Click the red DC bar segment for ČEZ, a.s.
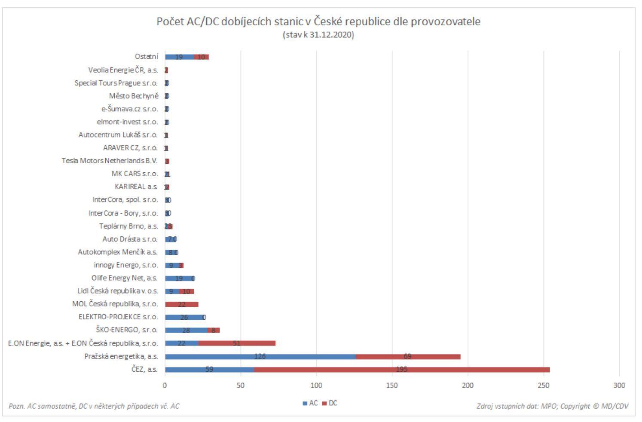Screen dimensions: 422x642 [402, 370]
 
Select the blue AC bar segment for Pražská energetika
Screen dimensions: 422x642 [260, 357]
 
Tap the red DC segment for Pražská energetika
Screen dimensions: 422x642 [408, 357]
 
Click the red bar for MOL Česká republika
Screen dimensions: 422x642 [181, 305]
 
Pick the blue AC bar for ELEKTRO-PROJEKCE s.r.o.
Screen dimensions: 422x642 [184, 318]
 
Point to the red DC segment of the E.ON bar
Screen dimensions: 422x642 [237, 343]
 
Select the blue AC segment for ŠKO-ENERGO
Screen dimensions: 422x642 [186, 330]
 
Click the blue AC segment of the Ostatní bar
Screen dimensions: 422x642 [179, 57]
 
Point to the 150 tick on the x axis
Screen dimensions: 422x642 [392, 385]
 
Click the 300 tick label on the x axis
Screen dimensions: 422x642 [619, 385]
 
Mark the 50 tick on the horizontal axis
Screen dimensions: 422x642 [241, 385]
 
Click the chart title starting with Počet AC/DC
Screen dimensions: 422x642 [318, 21]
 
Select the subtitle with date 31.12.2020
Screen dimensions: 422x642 [318, 35]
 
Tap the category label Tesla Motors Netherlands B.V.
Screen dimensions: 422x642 [110, 161]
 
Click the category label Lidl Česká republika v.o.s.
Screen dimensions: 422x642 [118, 291]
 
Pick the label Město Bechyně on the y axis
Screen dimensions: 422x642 [134, 96]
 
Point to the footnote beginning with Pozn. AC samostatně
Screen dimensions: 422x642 [94, 406]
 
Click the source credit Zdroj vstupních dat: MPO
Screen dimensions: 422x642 [552, 406]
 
